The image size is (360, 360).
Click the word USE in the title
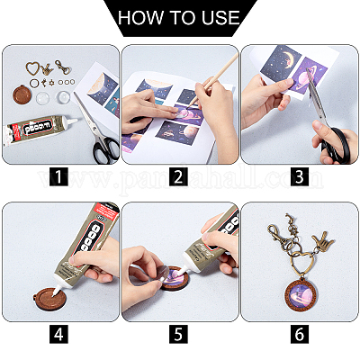(x=220, y=17)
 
